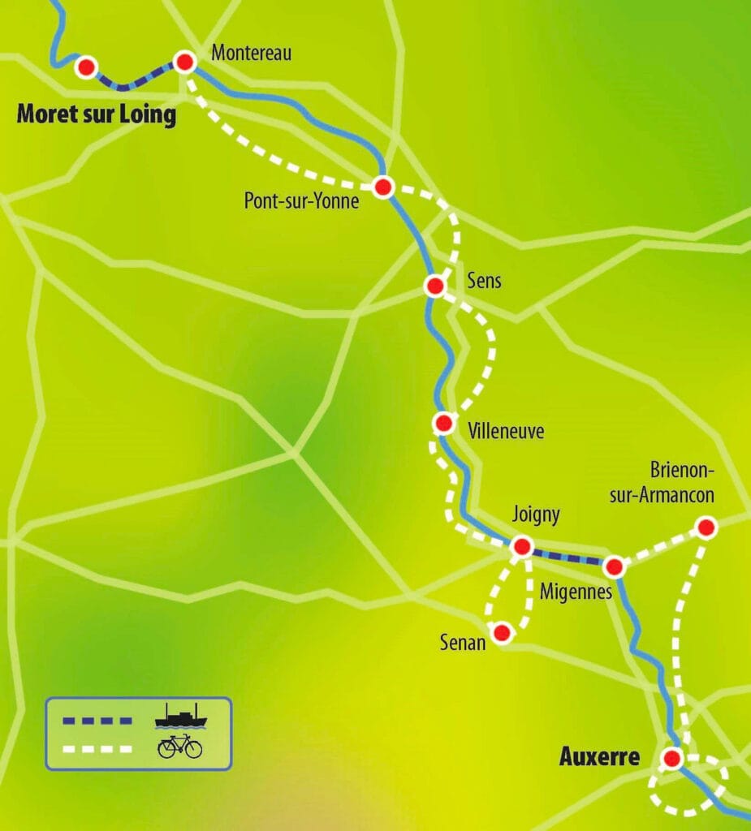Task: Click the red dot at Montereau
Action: click(185, 62)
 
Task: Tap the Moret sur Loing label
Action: click(97, 114)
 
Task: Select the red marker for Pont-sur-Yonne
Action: click(384, 187)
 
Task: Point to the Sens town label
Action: click(485, 282)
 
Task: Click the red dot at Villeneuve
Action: click(443, 423)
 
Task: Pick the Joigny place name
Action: click(536, 515)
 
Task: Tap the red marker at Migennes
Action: click(615, 566)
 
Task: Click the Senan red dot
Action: click(502, 632)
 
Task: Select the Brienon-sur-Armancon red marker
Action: click(706, 527)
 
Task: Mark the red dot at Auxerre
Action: click(671, 759)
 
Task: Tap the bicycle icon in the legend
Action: click(179, 746)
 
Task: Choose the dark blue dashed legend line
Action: click(97, 720)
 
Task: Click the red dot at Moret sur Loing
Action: click(86, 67)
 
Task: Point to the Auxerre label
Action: click(599, 758)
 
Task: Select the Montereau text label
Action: click(251, 54)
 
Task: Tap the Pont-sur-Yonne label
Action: click(301, 201)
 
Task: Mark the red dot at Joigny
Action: click(521, 546)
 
